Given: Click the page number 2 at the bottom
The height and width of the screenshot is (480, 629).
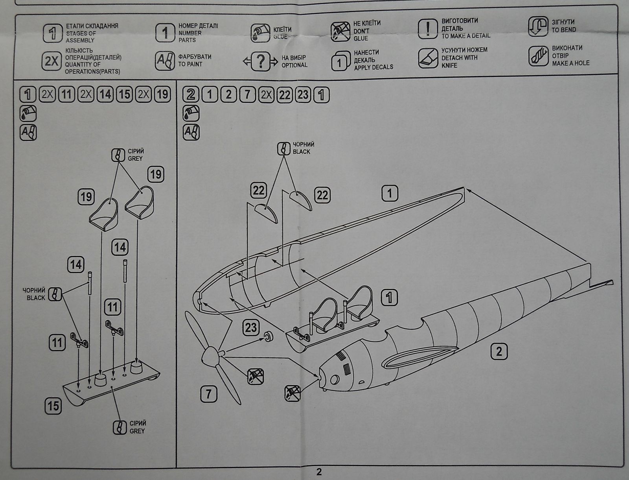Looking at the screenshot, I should pyautogui.click(x=319, y=472).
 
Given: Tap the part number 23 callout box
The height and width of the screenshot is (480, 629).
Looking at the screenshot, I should pyautogui.click(x=251, y=327).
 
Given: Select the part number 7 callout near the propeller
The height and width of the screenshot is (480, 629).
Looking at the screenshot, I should pyautogui.click(x=209, y=393).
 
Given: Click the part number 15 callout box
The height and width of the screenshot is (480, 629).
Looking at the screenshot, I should pyautogui.click(x=53, y=406).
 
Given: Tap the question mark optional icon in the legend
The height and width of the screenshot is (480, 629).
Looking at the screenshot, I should pyautogui.click(x=260, y=61).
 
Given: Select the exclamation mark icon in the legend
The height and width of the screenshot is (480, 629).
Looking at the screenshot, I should pyautogui.click(x=427, y=29).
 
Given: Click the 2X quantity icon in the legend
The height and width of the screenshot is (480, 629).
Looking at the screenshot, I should pyautogui.click(x=51, y=61).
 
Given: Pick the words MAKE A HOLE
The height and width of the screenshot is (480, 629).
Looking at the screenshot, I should pyautogui.click(x=570, y=63).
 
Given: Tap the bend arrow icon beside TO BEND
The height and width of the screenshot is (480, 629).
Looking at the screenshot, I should pyautogui.click(x=538, y=26).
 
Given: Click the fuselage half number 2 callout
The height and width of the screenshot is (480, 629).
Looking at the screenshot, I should pyautogui.click(x=499, y=351).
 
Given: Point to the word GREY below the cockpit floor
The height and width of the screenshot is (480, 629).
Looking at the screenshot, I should pyautogui.click(x=137, y=431).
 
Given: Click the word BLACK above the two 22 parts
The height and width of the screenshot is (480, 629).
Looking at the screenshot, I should pyautogui.click(x=302, y=151).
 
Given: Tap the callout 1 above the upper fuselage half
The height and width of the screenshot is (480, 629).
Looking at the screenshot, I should pyautogui.click(x=390, y=193).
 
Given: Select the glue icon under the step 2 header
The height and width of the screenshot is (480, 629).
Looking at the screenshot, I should pyautogui.click(x=191, y=113).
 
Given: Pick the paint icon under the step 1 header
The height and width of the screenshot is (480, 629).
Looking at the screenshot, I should pyautogui.click(x=28, y=133).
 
